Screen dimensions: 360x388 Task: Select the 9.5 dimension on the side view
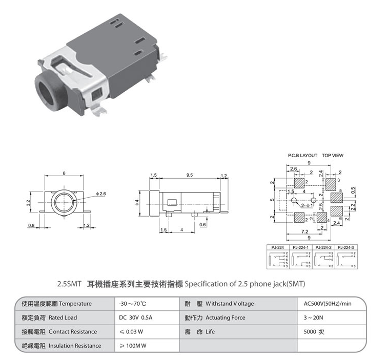pyautogui.click(x=190, y=175)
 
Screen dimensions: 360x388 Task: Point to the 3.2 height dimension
pyautogui.click(x=29, y=203)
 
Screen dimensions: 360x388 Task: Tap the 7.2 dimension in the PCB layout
pyautogui.click(x=304, y=232)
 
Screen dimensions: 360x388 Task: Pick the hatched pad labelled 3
pyautogui.click(x=330, y=183)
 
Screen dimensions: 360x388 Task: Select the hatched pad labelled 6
pyautogui.click(x=336, y=212)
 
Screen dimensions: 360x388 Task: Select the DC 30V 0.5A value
pyautogui.click(x=135, y=317)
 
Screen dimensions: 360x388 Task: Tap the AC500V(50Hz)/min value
pyautogui.click(x=324, y=304)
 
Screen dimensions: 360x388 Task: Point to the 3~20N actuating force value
pyautogui.click(x=314, y=317)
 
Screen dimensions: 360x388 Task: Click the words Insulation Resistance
pyautogui.click(x=75, y=346)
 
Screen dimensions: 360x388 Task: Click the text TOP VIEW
pyautogui.click(x=333, y=155)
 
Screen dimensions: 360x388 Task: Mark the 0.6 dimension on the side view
pyautogui.click(x=203, y=224)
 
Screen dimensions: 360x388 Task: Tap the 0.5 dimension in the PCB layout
pyautogui.click(x=353, y=190)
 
